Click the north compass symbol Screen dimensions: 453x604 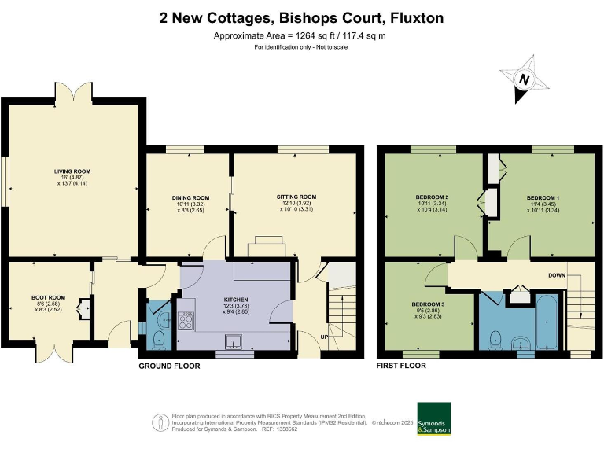(523, 79)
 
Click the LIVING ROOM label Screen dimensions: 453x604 (72, 171)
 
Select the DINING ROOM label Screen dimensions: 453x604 (190, 197)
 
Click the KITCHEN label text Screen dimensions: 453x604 (236, 300)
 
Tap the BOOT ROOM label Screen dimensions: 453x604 (48, 298)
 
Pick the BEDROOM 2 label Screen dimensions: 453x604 (432, 197)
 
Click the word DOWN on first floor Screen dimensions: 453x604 (557, 275)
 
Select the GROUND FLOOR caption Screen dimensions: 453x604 (169, 366)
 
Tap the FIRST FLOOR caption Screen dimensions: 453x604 (401, 366)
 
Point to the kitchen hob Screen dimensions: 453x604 (188, 319)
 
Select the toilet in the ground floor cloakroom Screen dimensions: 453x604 (158, 339)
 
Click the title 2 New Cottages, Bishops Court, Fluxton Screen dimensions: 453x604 (301, 17)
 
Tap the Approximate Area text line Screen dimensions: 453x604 (301, 35)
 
